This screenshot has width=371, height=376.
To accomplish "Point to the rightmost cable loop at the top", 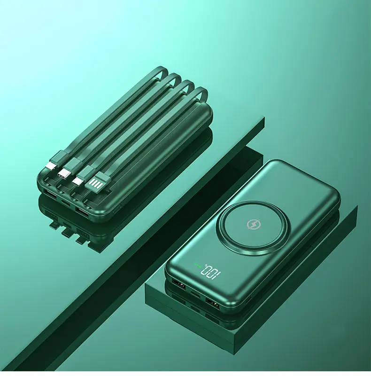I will (201, 93).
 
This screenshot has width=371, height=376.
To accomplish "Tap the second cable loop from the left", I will (174, 78).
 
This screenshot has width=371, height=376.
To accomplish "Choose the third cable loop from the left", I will (187, 85).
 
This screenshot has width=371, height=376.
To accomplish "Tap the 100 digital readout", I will (213, 273).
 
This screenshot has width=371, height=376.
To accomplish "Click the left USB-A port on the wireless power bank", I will (179, 284).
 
